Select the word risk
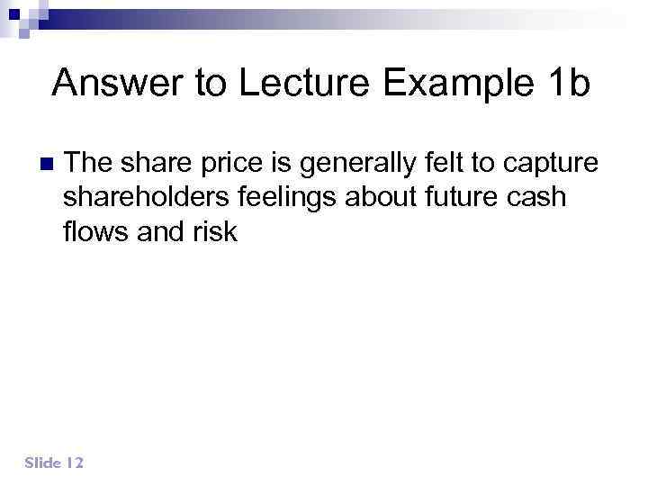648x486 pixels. point(214,231)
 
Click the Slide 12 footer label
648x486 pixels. point(54,463)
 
